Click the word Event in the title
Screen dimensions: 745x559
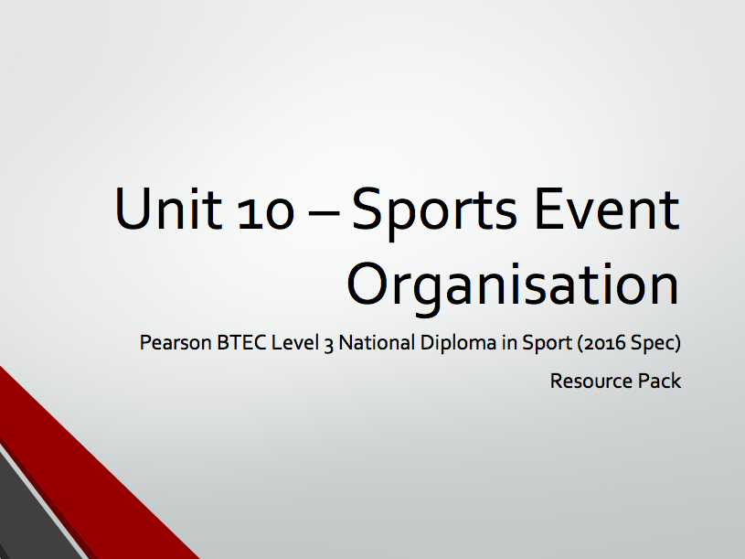point(607,209)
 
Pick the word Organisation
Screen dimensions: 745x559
point(513,286)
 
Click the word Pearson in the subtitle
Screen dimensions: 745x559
point(176,342)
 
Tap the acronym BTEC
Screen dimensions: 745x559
point(241,342)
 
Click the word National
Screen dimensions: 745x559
point(377,342)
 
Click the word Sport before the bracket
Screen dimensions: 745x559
point(547,343)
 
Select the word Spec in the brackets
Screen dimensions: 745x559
point(653,344)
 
